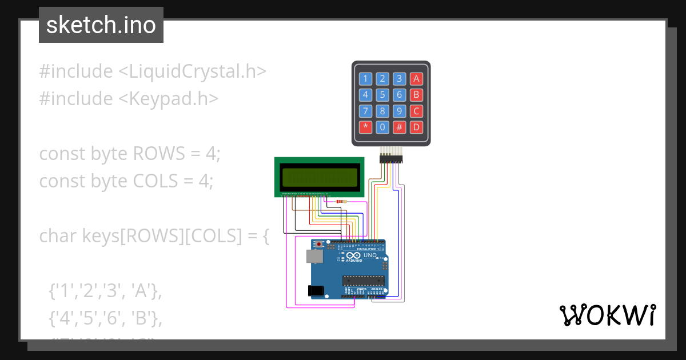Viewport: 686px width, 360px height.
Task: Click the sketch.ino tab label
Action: (101, 25)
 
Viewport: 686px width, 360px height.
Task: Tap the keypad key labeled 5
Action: (382, 95)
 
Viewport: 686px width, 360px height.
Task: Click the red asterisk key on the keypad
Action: (365, 127)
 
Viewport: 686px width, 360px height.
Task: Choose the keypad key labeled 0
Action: (382, 127)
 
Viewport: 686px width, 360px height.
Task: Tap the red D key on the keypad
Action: (417, 127)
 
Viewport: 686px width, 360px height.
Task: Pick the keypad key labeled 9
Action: (400, 111)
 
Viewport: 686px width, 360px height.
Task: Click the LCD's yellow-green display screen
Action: (319, 177)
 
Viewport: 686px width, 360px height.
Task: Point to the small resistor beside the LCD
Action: (341, 201)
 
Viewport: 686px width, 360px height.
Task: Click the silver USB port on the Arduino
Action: (314, 257)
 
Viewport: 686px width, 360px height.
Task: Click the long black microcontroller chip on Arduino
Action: (363, 280)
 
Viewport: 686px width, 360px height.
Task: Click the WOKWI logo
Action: (607, 315)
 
